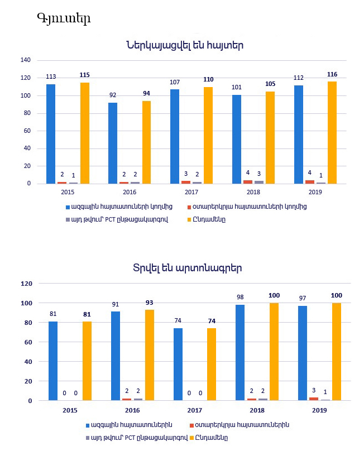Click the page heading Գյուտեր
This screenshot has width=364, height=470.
63,18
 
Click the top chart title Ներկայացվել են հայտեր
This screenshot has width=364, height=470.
185,45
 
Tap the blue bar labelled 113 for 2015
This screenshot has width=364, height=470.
51,134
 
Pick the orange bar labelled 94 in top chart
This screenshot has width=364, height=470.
146,142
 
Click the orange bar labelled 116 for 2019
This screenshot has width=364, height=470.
332,133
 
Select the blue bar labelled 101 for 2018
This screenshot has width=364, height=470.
237,140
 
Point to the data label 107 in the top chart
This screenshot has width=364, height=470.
175,82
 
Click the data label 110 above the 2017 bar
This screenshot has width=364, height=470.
208,80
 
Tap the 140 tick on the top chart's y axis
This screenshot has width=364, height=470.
25,60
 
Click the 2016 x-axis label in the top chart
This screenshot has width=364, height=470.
130,192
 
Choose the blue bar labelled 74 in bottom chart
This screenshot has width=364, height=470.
178,365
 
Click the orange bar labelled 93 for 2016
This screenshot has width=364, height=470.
150,355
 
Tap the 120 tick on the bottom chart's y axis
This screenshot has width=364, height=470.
26,284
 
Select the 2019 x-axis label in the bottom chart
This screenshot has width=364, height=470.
319,410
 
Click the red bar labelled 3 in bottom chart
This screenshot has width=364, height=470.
314,399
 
